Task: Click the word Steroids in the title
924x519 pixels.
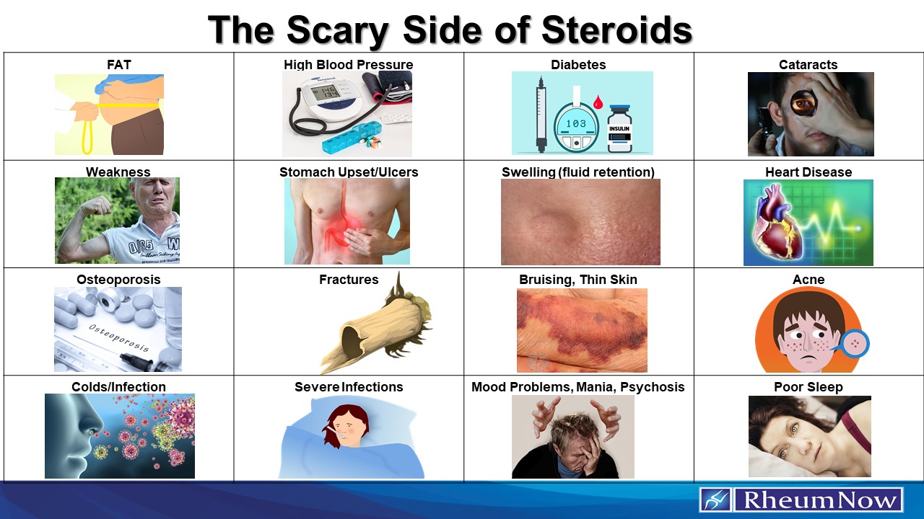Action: point(616,30)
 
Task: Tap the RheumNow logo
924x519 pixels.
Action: point(801,500)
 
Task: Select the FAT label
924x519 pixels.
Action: point(119,65)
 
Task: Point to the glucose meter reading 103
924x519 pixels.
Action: point(576,123)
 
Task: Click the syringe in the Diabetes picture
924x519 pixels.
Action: point(540,115)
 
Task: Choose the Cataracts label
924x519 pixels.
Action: point(808,65)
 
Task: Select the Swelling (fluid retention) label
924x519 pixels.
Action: point(578,172)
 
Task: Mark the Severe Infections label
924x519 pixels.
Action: point(349,387)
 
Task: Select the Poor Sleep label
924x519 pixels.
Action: point(808,387)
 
